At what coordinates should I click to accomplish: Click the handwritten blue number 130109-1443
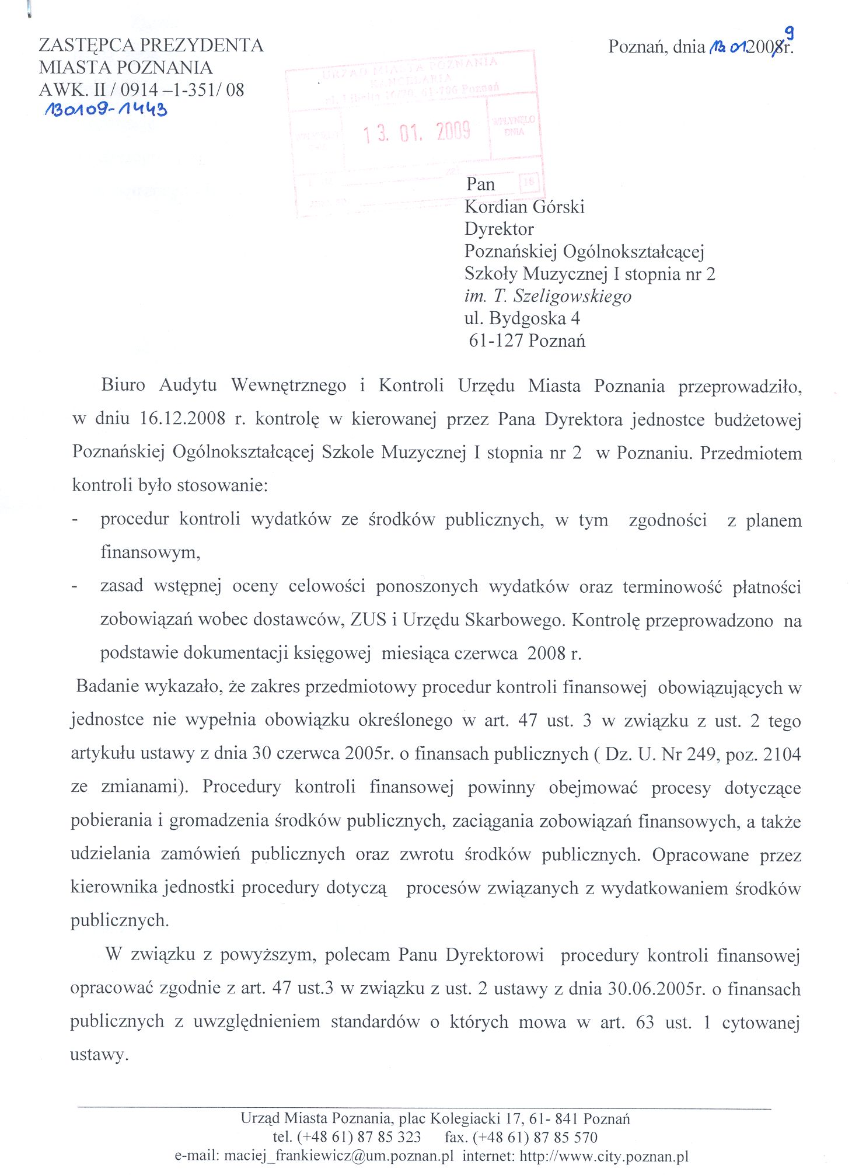pos(106,109)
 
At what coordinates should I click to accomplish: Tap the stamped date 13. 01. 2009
pos(417,133)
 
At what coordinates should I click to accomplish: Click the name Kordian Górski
pos(524,207)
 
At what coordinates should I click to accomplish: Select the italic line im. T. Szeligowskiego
pos(547,296)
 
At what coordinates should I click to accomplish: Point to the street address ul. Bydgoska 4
pos(522,318)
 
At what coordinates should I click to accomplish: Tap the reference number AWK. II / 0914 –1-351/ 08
pos(141,90)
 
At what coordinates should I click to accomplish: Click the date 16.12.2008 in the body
pos(183,419)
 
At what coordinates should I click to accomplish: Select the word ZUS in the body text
pos(368,620)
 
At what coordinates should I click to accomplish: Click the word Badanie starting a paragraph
pos(108,686)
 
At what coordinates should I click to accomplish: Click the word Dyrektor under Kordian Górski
pos(499,229)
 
